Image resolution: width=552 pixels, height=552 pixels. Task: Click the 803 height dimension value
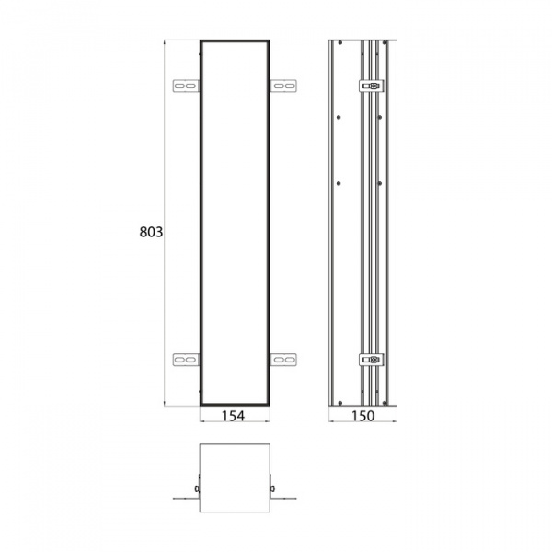(151, 233)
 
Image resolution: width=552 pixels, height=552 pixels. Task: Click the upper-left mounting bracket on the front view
(186, 86)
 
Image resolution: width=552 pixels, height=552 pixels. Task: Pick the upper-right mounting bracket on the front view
(284, 86)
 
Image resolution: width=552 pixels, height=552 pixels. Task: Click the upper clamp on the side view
(371, 86)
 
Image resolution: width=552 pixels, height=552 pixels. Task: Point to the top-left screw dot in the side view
(339, 44)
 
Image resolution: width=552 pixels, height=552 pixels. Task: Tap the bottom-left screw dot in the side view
(339, 400)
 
